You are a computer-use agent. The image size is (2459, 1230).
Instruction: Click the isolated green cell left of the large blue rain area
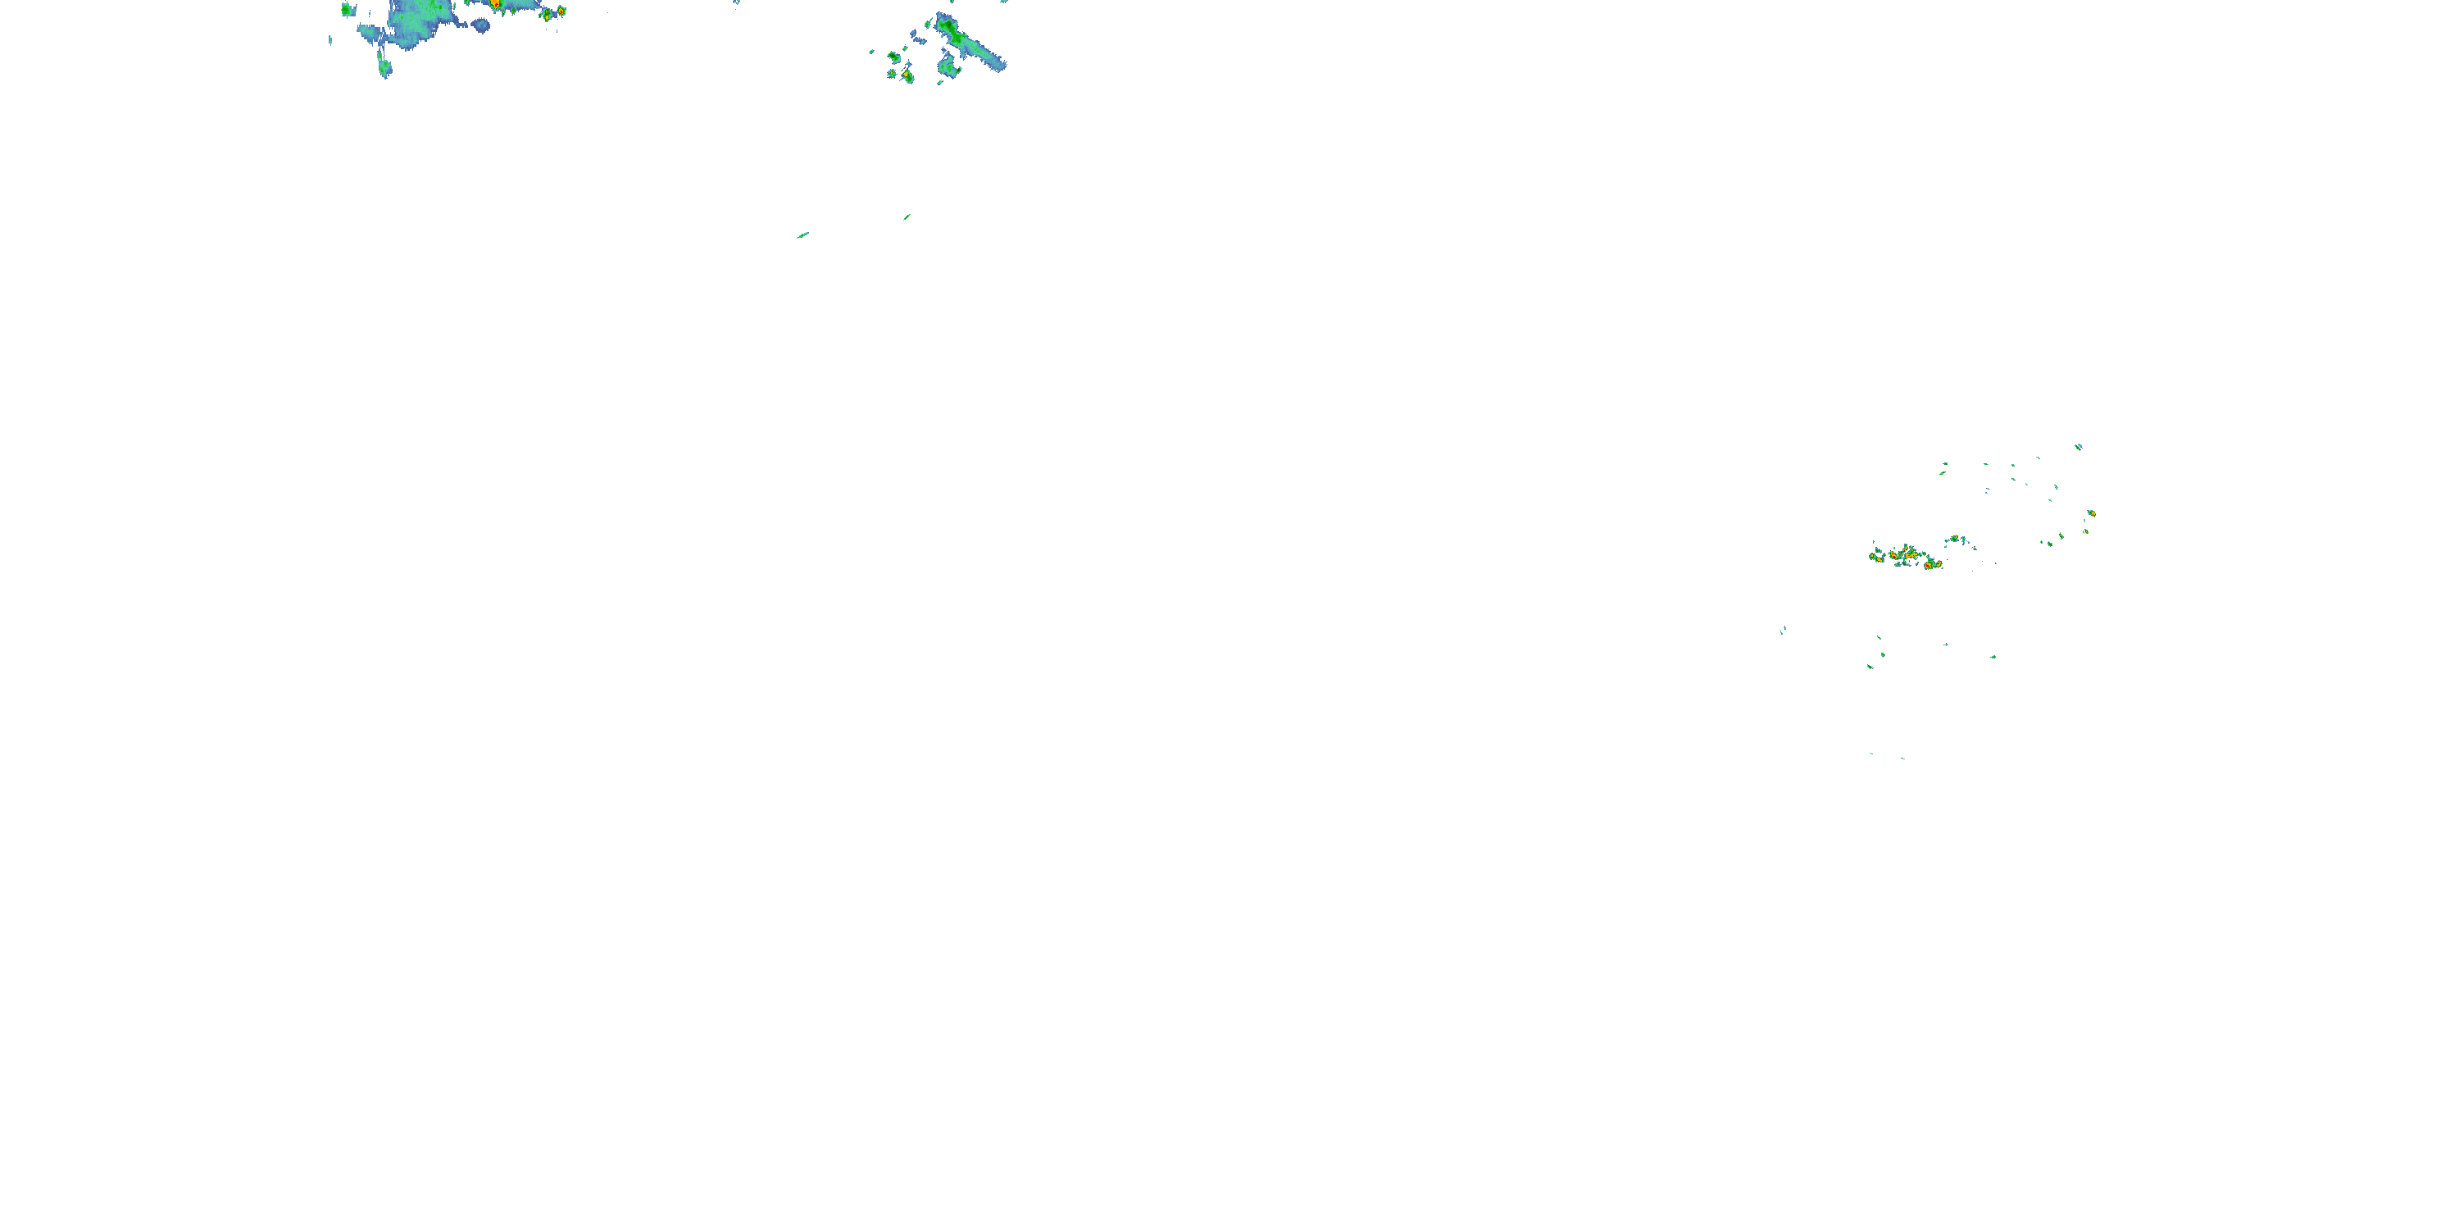348,11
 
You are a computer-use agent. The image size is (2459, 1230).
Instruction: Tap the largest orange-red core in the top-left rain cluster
495,5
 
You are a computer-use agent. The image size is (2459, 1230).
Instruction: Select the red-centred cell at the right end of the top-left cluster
561,11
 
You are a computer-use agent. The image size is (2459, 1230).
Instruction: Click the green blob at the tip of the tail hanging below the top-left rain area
384,68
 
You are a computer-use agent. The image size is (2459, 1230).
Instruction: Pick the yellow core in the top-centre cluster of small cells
905,74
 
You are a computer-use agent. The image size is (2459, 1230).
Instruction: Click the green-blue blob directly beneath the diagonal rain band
948,68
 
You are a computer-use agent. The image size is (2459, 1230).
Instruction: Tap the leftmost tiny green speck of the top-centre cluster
871,52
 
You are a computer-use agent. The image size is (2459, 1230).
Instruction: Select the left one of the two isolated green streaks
802,235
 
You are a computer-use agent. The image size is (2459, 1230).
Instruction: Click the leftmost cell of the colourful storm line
1875,556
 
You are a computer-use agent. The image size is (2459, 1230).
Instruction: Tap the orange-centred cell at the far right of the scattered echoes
2090,514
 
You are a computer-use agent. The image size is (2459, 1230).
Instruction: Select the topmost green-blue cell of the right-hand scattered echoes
2078,446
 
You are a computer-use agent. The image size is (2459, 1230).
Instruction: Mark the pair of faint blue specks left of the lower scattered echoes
1782,631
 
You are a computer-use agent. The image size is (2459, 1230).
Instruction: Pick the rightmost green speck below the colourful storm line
1993,657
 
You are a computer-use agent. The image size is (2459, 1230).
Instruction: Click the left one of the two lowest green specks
1871,754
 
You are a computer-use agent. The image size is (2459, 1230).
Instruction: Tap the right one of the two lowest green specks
1902,758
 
